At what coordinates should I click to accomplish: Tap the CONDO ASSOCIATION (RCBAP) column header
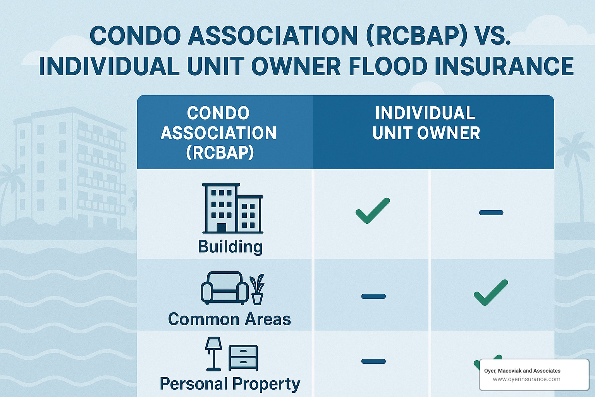(218, 133)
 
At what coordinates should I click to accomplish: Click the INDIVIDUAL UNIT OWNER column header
(426, 123)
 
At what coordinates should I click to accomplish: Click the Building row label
(230, 247)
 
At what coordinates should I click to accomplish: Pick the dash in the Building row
(491, 212)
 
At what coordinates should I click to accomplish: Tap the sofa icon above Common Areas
(225, 287)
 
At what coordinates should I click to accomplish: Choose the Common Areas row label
(229, 319)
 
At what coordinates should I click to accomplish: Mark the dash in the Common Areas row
(373, 296)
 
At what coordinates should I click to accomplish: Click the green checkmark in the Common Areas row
(491, 292)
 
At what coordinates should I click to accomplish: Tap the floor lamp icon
(213, 353)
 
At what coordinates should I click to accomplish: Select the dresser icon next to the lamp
(243, 357)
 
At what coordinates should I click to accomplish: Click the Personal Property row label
(230, 384)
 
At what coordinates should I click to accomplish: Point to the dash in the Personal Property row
(373, 361)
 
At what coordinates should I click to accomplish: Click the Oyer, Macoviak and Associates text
(522, 371)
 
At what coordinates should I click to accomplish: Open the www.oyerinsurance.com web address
(526, 379)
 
